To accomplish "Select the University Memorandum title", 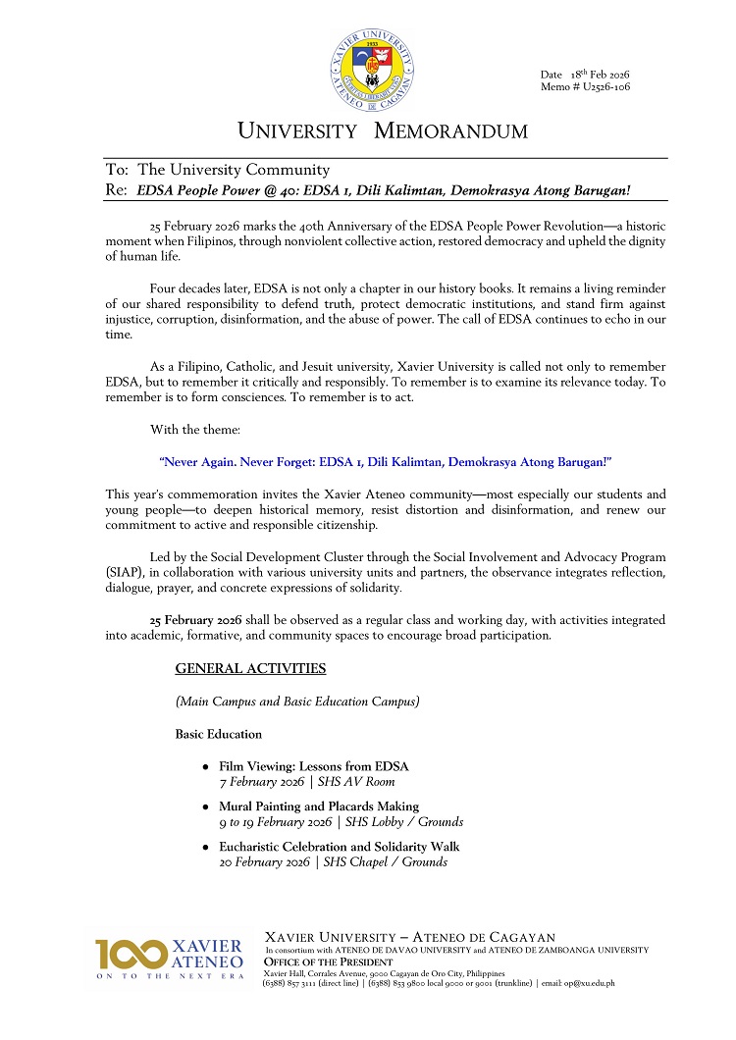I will coord(383,131).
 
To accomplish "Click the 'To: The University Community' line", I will coord(218,170).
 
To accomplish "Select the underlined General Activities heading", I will coord(250,669).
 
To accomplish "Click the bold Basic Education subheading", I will coord(219,734).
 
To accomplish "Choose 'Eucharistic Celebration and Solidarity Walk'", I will coord(339,847).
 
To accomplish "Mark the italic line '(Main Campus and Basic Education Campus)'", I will coord(297,702).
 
